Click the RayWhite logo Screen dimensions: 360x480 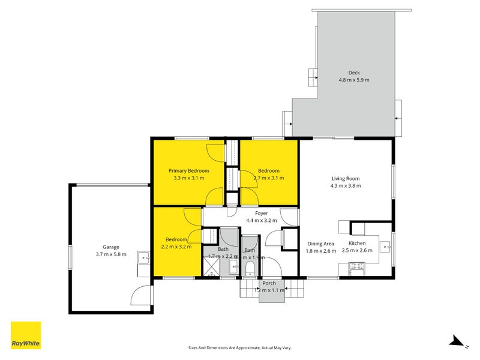[26, 335]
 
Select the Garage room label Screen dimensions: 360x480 [111, 247]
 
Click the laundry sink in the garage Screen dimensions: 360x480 [143, 259]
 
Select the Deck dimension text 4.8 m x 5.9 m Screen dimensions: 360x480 [354, 80]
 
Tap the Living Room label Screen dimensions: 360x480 [346, 178]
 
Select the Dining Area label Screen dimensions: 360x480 [321, 244]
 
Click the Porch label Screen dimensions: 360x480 [268, 283]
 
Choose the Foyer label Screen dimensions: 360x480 [261, 213]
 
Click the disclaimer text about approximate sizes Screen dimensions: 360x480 [239, 347]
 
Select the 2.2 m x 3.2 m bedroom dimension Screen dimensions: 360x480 [176, 247]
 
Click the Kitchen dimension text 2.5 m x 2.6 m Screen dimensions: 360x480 [357, 250]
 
